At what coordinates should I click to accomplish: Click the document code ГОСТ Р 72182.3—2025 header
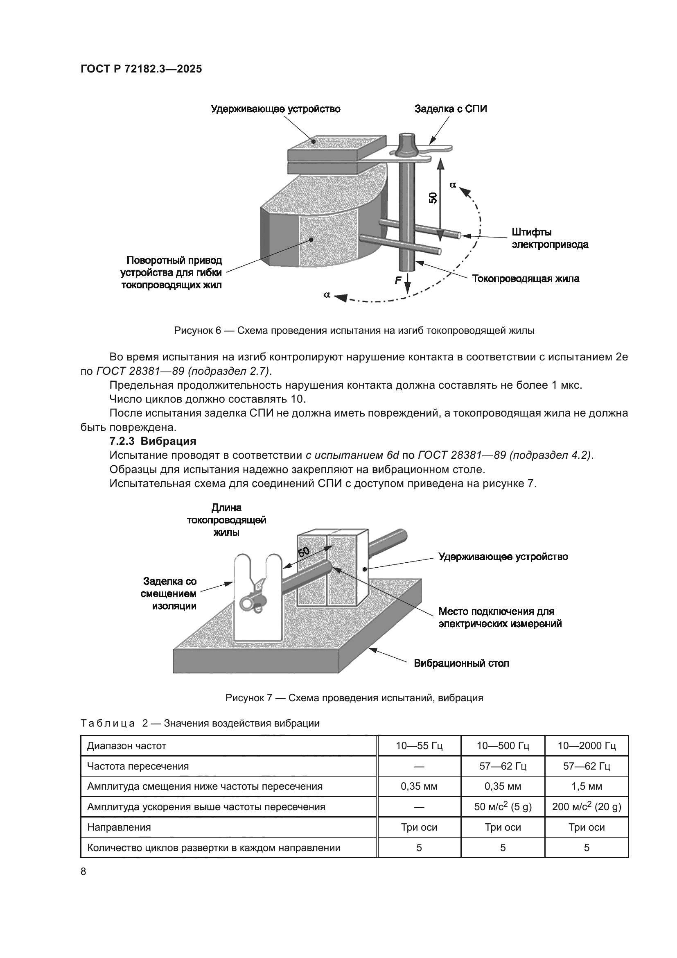pyautogui.click(x=141, y=69)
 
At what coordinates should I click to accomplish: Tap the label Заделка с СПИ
pyautogui.click(x=450, y=109)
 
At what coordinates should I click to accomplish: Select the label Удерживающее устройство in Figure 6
pyautogui.click(x=275, y=109)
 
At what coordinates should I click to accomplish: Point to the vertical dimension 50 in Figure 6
pyautogui.click(x=433, y=197)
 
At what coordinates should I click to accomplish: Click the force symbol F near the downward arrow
pyautogui.click(x=398, y=281)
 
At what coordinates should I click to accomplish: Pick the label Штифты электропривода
pyautogui.click(x=549, y=238)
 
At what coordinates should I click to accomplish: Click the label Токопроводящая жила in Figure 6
pyautogui.click(x=525, y=279)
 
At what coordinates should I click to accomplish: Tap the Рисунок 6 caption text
pyautogui.click(x=354, y=331)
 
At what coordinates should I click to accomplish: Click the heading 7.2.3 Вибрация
pyautogui.click(x=153, y=441)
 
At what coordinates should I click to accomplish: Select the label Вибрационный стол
pyautogui.click(x=461, y=664)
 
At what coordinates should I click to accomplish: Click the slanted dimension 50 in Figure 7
pyautogui.click(x=303, y=553)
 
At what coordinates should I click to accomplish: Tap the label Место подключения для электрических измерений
pyautogui.click(x=500, y=618)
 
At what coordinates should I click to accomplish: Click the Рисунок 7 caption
pyautogui.click(x=354, y=698)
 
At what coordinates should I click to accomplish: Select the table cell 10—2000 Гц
pyautogui.click(x=586, y=745)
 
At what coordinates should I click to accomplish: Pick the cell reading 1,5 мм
pyautogui.click(x=586, y=786)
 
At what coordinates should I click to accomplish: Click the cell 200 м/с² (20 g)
pyautogui.click(x=586, y=807)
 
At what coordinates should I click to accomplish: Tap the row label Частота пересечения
pyautogui.click(x=138, y=766)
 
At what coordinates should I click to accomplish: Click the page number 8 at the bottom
pyautogui.click(x=83, y=872)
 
